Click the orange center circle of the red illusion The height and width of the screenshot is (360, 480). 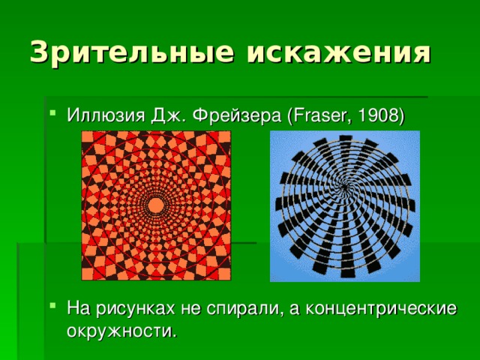(x=156, y=205)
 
